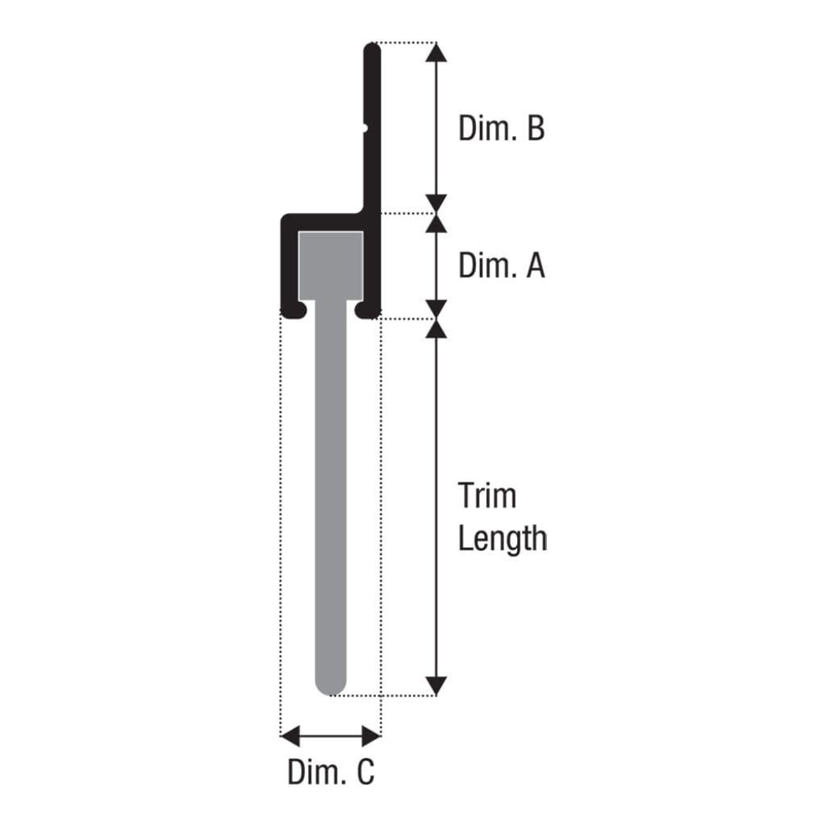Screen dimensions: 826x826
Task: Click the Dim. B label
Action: pos(502,128)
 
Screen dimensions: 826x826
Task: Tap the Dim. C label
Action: pos(331,772)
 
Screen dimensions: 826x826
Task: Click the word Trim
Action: pos(486,496)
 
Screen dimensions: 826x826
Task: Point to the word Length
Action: pos(503,539)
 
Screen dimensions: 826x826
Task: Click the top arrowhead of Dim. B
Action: pos(436,52)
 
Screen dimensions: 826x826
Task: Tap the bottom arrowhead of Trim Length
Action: pos(436,686)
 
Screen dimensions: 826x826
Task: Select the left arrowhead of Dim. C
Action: pos(290,736)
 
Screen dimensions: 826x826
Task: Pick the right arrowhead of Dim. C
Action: pos(371,736)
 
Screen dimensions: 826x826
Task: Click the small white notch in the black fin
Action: pos(365,127)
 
